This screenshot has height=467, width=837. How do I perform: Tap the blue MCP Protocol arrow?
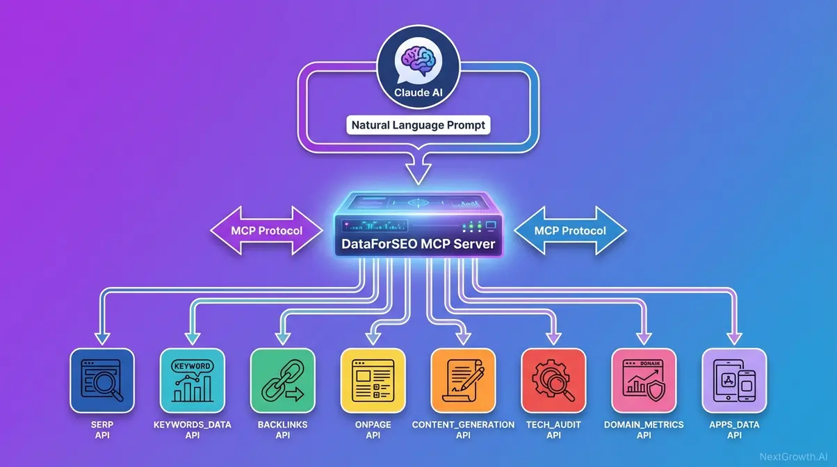[570, 230]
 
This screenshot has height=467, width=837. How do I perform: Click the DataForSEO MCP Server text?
[418, 244]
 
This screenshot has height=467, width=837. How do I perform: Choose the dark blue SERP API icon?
[102, 380]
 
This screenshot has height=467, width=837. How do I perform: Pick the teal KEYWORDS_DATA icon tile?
[192, 380]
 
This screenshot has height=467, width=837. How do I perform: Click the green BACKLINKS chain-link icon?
[282, 380]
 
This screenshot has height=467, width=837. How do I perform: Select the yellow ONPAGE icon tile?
[373, 380]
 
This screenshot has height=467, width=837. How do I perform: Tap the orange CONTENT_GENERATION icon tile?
[463, 380]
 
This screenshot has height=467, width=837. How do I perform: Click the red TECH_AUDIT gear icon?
[553, 380]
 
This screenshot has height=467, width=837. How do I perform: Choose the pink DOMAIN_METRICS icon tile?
[644, 380]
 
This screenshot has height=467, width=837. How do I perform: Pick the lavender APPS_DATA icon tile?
[734, 380]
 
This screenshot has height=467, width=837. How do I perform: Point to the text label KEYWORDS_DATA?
[192, 424]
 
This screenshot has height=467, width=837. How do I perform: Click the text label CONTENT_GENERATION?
[463, 424]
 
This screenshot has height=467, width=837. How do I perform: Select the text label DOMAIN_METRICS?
[644, 424]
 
